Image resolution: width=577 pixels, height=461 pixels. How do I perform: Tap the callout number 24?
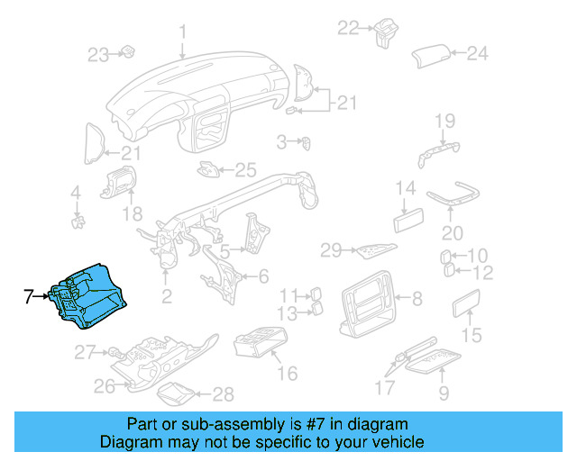(476, 53)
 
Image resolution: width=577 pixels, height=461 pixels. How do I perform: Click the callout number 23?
(97, 55)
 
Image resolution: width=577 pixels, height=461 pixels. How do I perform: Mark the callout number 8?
(417, 296)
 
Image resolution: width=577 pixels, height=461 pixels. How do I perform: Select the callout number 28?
(222, 393)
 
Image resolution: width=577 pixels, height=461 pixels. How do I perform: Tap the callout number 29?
(331, 249)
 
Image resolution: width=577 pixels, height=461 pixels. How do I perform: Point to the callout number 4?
(76, 192)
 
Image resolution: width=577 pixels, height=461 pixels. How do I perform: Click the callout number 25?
(246, 168)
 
